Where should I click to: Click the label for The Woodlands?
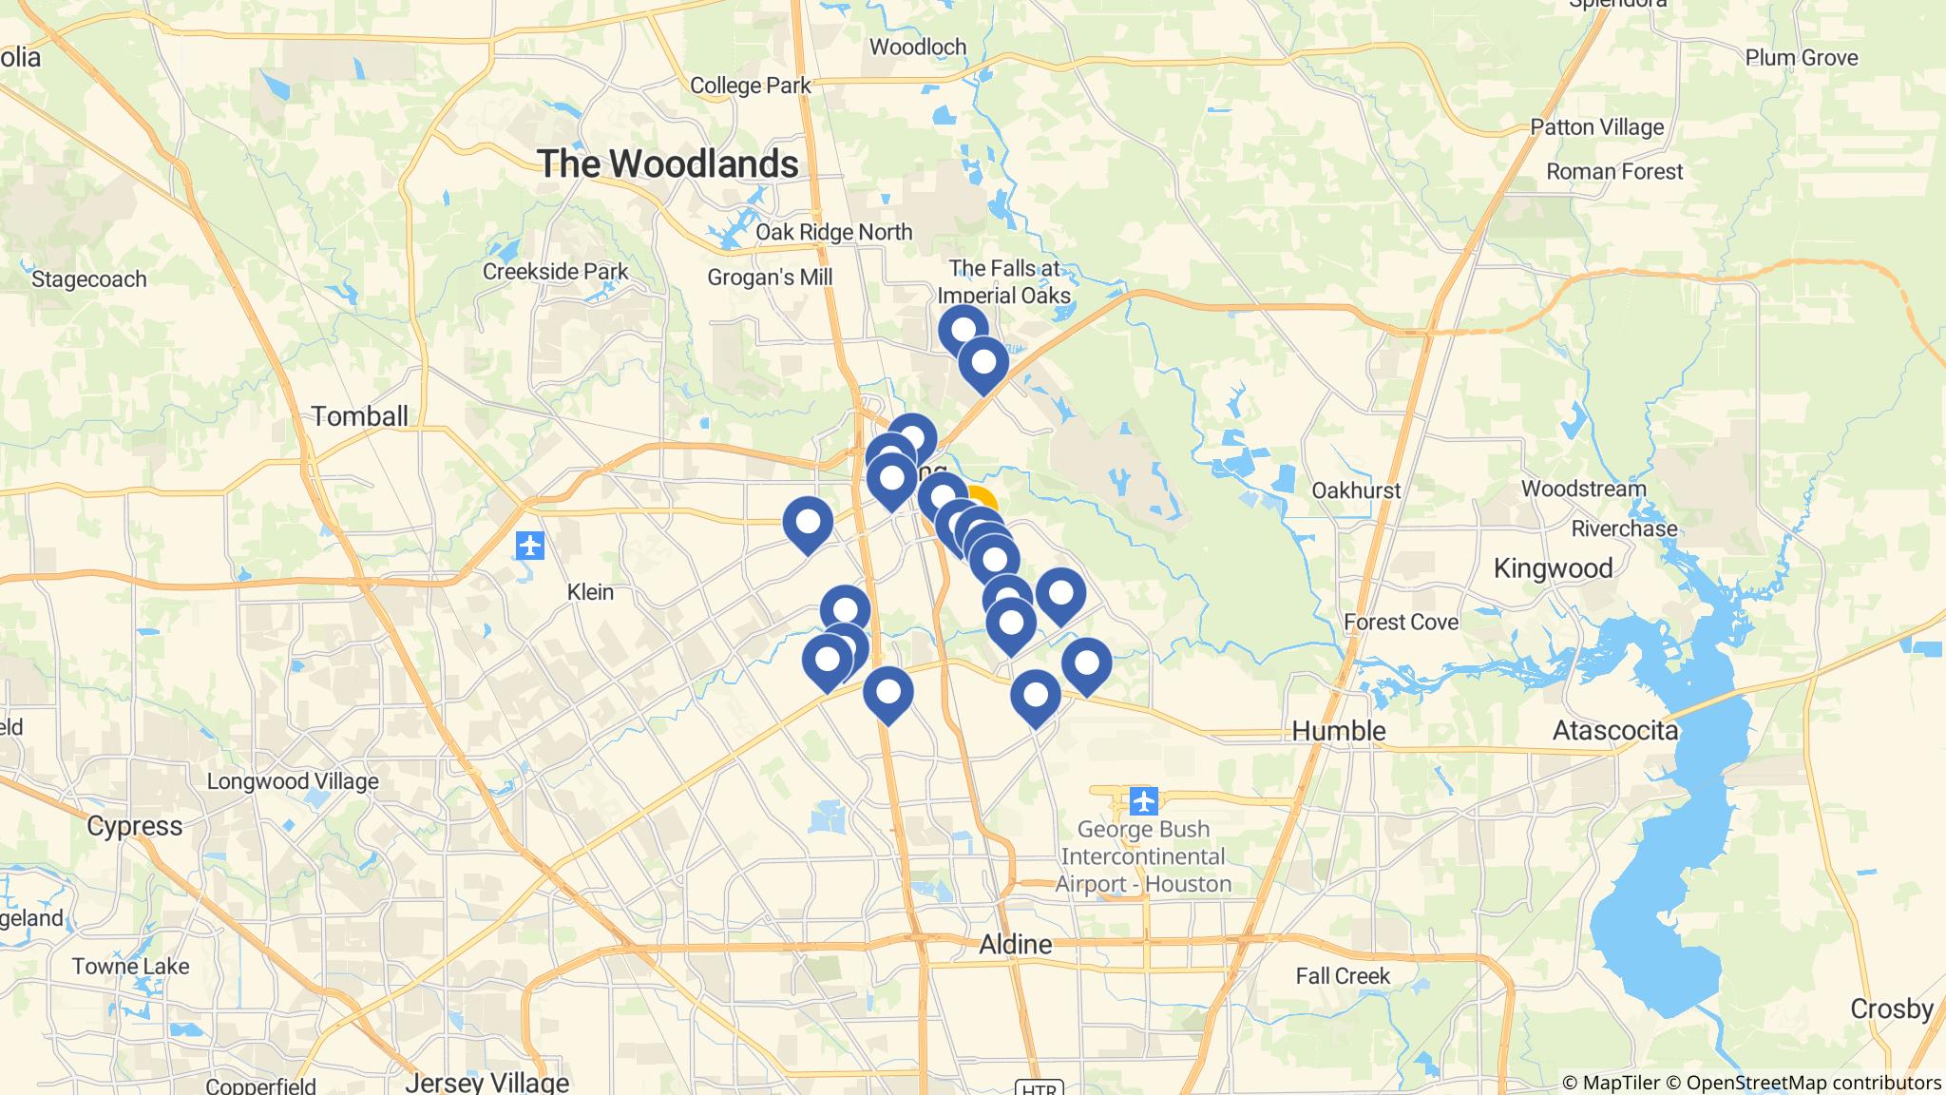coord(667,163)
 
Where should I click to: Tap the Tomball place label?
coord(359,416)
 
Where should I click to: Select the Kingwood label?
coord(1553,568)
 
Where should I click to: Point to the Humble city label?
coord(1339,730)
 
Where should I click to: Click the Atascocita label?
coord(1614,730)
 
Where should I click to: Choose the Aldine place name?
coord(1016,944)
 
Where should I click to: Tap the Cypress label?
coord(134,825)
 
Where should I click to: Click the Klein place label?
coord(590,592)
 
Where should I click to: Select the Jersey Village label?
coord(486,1082)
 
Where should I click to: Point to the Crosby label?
coord(1891,1009)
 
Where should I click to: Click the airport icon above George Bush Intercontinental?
coord(1144,801)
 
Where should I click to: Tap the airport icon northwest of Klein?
coord(529,546)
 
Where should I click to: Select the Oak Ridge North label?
coord(833,232)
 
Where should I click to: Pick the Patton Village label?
coord(1596,126)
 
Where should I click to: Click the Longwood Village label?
coord(293,781)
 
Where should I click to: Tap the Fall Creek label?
coord(1343,976)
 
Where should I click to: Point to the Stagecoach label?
coord(88,279)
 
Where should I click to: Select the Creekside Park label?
coord(555,271)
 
